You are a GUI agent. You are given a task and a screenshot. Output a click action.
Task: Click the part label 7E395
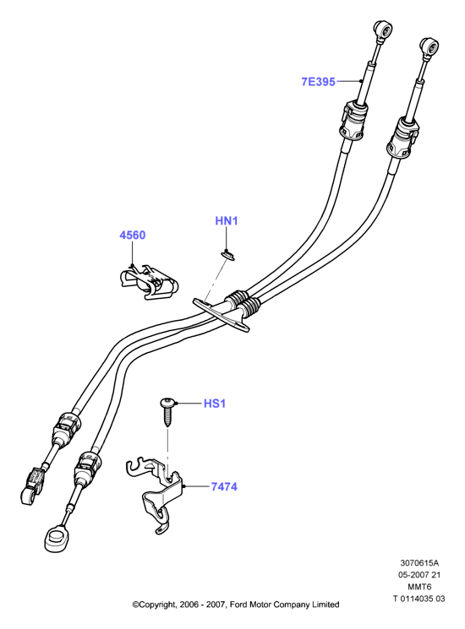[318, 82]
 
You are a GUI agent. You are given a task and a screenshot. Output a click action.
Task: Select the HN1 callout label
[227, 220]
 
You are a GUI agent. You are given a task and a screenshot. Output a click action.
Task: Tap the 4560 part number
[133, 235]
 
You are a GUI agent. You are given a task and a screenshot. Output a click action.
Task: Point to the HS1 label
[215, 404]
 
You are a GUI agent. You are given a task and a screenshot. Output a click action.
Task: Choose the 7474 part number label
[224, 486]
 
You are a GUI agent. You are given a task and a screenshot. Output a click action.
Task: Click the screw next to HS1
[167, 410]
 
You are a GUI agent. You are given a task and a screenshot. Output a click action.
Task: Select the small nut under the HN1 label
[227, 253]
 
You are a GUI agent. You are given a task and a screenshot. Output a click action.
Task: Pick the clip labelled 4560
[149, 282]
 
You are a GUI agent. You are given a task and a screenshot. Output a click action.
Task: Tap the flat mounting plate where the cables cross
[220, 314]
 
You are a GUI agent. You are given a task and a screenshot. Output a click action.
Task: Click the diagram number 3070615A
[418, 563]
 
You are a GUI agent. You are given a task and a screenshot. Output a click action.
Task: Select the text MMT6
[419, 587]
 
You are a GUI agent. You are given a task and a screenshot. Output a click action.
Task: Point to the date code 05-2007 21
[419, 575]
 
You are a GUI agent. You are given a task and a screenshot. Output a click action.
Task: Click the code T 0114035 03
[418, 599]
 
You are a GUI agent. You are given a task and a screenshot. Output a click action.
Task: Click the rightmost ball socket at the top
[429, 47]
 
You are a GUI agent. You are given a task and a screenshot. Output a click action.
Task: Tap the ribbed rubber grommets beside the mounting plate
[243, 303]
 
